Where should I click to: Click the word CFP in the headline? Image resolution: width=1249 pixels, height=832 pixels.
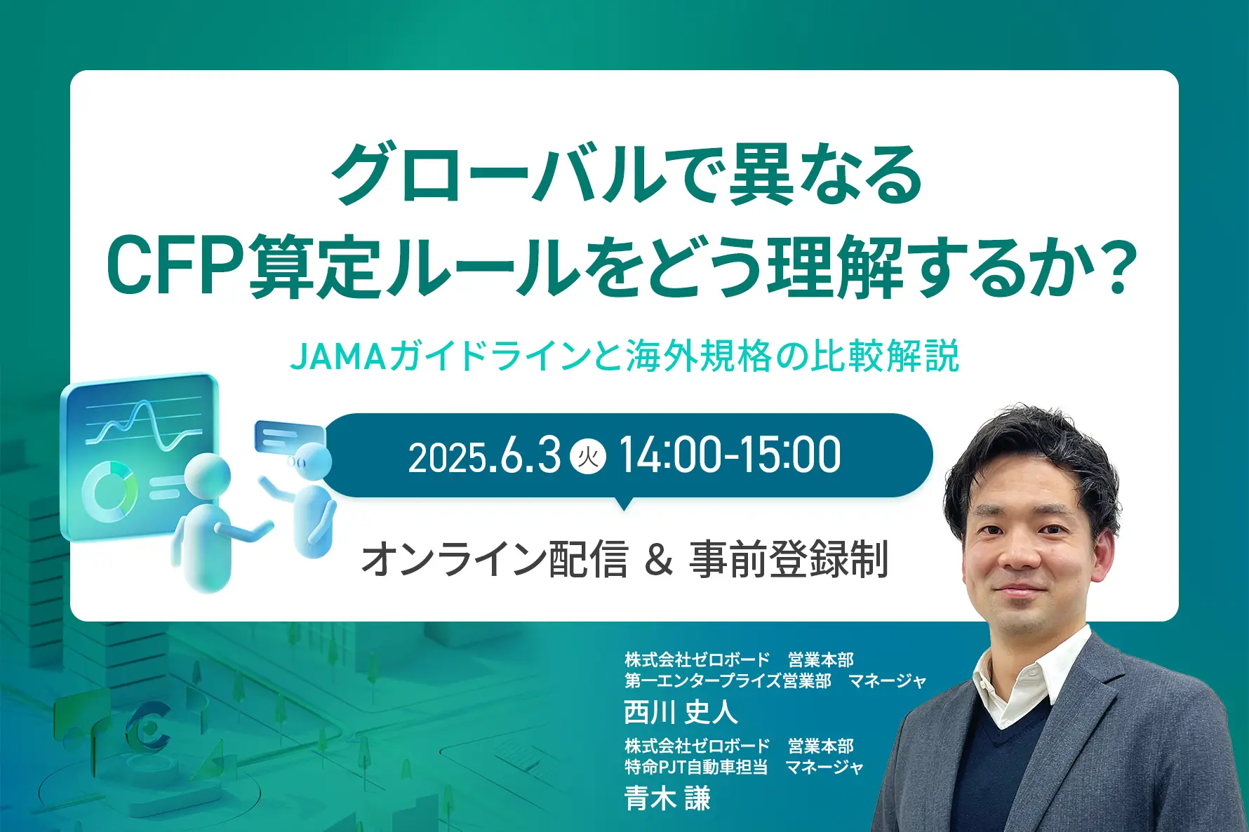click(176, 267)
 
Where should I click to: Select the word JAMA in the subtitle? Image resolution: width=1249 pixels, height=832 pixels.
click(338, 356)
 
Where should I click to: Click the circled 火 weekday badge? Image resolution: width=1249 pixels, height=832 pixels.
click(588, 457)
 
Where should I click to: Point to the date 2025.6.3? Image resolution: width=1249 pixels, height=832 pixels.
click(484, 457)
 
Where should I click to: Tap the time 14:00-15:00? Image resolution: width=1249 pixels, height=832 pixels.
click(730, 455)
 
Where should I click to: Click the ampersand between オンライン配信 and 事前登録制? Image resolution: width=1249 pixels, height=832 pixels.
click(658, 560)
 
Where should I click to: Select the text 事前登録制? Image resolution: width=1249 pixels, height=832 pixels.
click(789, 560)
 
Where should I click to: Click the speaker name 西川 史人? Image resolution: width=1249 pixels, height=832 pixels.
click(681, 712)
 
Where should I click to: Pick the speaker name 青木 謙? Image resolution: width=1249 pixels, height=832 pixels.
click(667, 798)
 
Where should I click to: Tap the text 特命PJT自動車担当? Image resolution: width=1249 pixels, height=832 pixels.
click(696, 767)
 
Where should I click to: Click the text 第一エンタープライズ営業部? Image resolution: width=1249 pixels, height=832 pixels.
click(728, 680)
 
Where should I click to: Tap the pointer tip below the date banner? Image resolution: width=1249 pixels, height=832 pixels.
click(622, 509)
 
